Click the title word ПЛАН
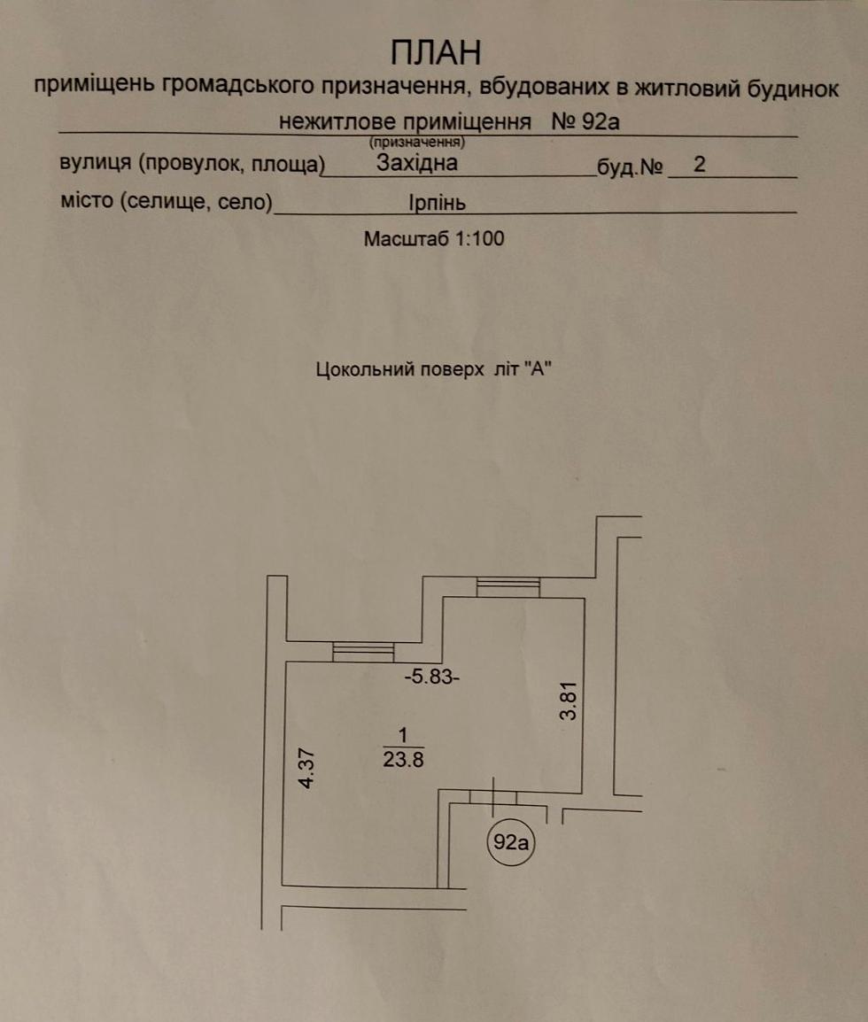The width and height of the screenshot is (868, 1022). pos(437,53)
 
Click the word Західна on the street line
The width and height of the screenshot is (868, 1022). pos(416,163)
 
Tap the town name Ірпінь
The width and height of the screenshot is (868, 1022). pos(438,203)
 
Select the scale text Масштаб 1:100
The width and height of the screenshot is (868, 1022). pos(434,238)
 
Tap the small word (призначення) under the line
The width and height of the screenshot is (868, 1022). pos(416,141)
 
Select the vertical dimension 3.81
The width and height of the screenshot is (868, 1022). pos(569,699)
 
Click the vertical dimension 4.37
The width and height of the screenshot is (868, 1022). pos(306,768)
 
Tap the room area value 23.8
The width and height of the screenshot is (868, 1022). pos(403,758)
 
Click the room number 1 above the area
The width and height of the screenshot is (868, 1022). pos(403,735)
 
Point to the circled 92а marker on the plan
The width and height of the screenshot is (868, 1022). pos(511,842)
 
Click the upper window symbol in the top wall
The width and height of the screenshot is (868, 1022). pos(508,586)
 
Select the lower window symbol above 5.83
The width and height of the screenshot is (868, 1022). pos(363,652)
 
